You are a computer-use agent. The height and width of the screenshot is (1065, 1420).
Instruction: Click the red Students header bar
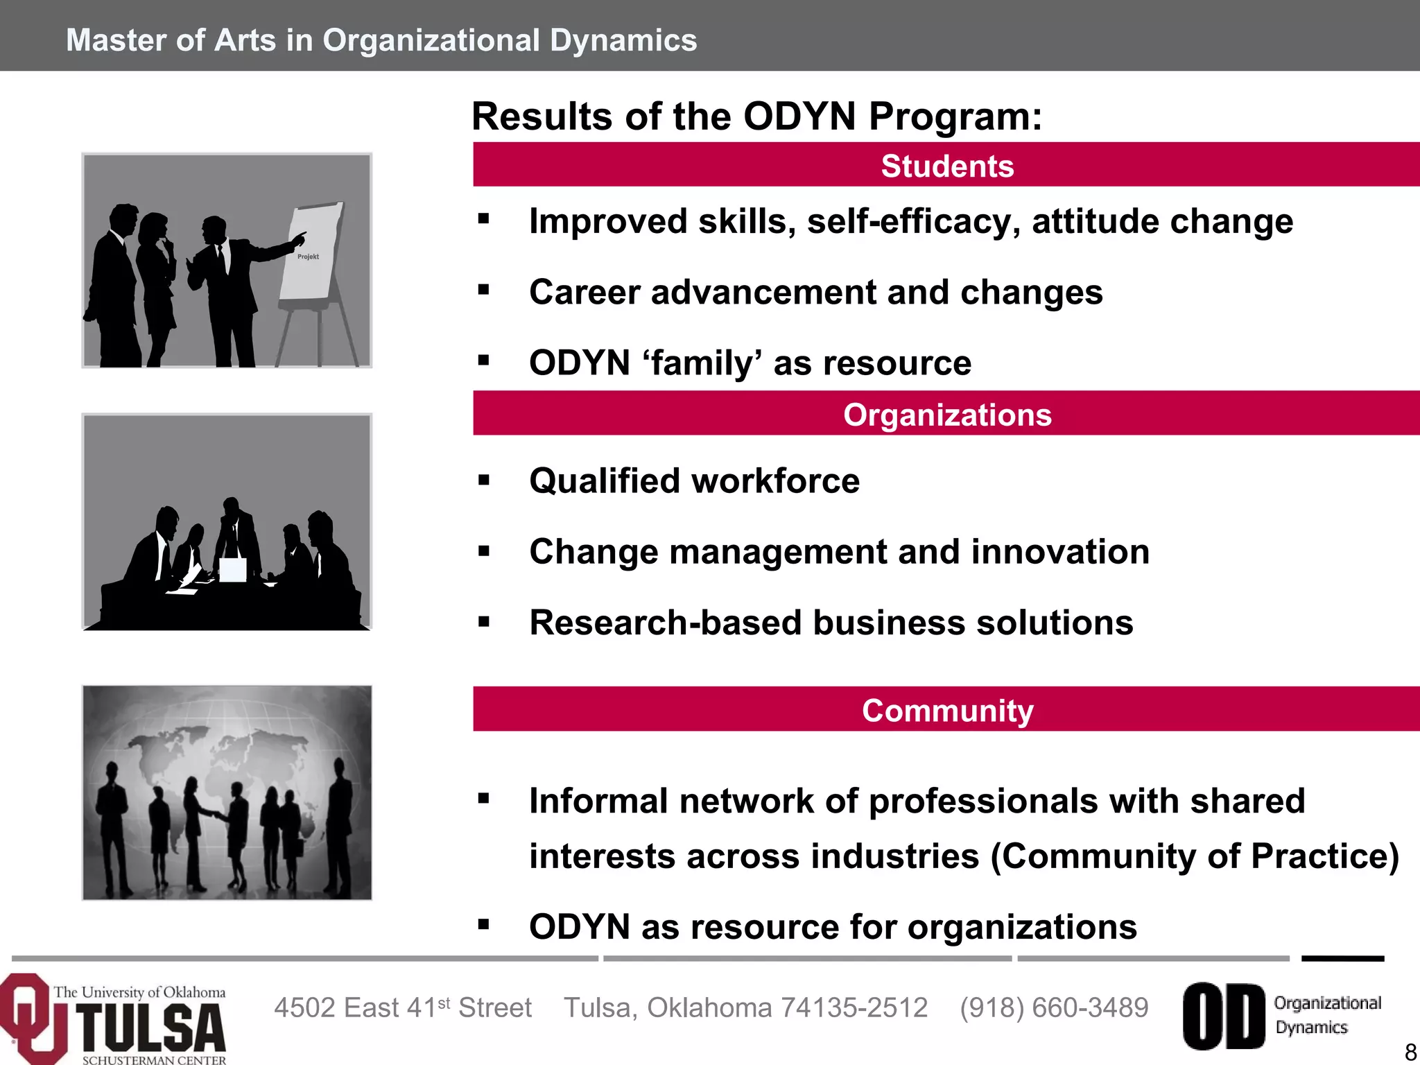point(946,165)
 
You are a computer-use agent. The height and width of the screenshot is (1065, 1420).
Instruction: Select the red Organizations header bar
point(946,414)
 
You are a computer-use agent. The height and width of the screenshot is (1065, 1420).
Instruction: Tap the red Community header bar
point(946,710)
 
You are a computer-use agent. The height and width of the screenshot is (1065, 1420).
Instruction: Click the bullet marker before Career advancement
point(484,290)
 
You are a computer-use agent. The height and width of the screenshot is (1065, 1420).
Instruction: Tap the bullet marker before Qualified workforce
point(484,480)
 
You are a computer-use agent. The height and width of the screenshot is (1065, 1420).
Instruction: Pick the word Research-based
point(665,623)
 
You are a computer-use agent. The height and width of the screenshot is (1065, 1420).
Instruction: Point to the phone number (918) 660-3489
point(1054,1007)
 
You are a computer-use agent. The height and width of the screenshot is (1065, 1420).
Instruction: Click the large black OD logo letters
point(1223,1016)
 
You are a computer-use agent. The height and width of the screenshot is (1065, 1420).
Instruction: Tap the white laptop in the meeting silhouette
point(232,569)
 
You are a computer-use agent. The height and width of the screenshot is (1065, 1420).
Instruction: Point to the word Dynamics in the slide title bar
point(623,40)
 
